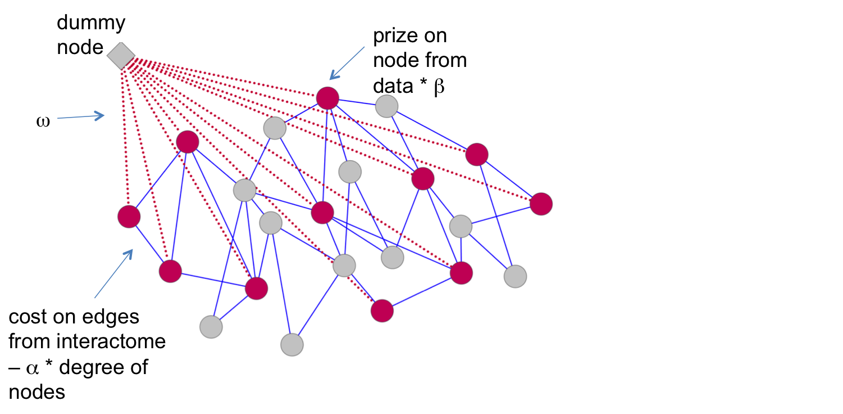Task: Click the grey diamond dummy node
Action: click(121, 56)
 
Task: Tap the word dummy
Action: click(91, 24)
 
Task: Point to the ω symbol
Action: click(43, 121)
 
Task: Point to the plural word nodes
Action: click(37, 391)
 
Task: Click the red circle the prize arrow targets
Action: click(327, 98)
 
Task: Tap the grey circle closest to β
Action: click(386, 106)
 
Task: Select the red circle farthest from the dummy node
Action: click(541, 204)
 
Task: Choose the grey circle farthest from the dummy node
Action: click(515, 276)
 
